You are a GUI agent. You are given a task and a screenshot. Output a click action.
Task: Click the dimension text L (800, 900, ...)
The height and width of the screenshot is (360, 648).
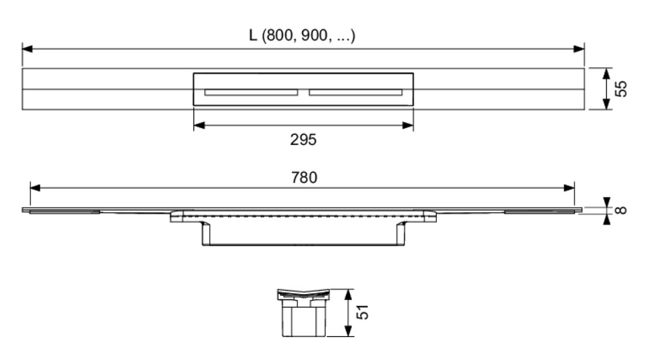302,35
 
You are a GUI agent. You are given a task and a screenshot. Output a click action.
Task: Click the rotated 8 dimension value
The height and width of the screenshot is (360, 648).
622,210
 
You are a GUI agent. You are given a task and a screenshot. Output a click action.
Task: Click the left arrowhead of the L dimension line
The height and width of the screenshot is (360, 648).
28,49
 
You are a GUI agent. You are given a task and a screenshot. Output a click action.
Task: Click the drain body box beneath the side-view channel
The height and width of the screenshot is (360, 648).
302,233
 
